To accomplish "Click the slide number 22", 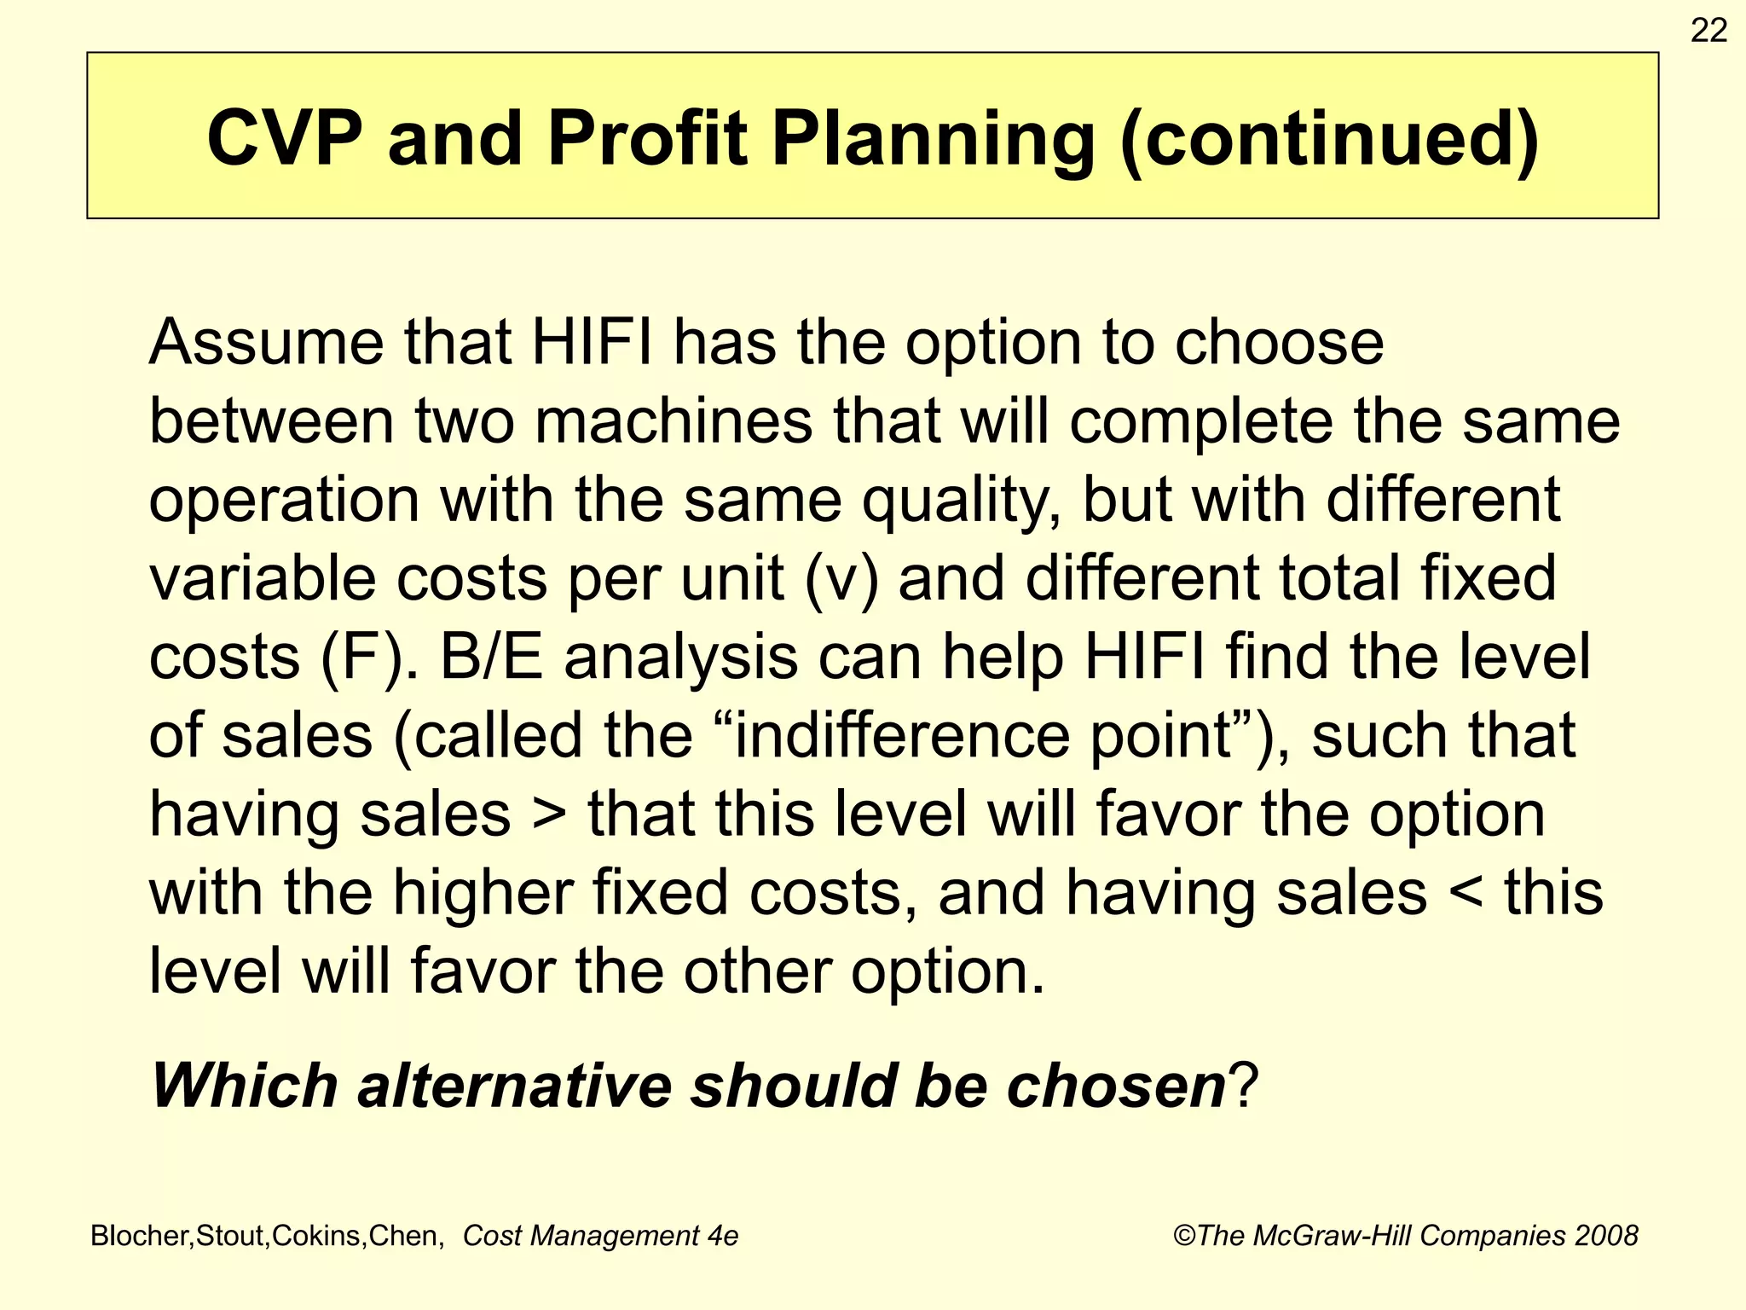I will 1708,31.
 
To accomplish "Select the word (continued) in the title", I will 1329,138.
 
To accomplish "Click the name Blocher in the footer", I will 142,1236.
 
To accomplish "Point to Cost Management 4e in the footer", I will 600,1236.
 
